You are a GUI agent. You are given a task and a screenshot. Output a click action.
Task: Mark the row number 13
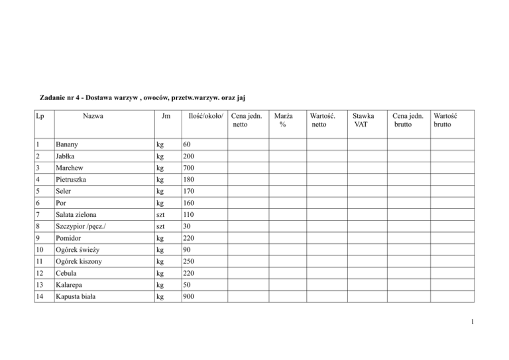[x=40, y=286]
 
